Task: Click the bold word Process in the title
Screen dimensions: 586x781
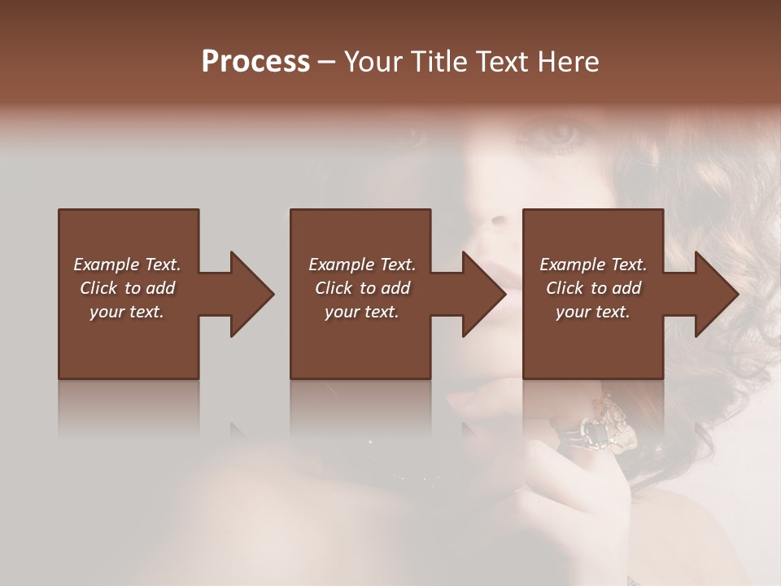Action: tap(255, 62)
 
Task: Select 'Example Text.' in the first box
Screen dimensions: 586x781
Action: tap(127, 265)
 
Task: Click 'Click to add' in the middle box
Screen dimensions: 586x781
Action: tap(362, 288)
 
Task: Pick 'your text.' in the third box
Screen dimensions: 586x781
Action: tap(593, 312)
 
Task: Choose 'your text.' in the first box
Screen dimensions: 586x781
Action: tap(127, 312)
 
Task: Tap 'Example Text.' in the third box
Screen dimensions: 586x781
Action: tap(593, 265)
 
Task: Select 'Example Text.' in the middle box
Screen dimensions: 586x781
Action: tap(362, 265)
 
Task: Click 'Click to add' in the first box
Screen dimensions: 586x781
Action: tap(127, 288)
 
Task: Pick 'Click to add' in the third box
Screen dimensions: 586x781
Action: tap(593, 288)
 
